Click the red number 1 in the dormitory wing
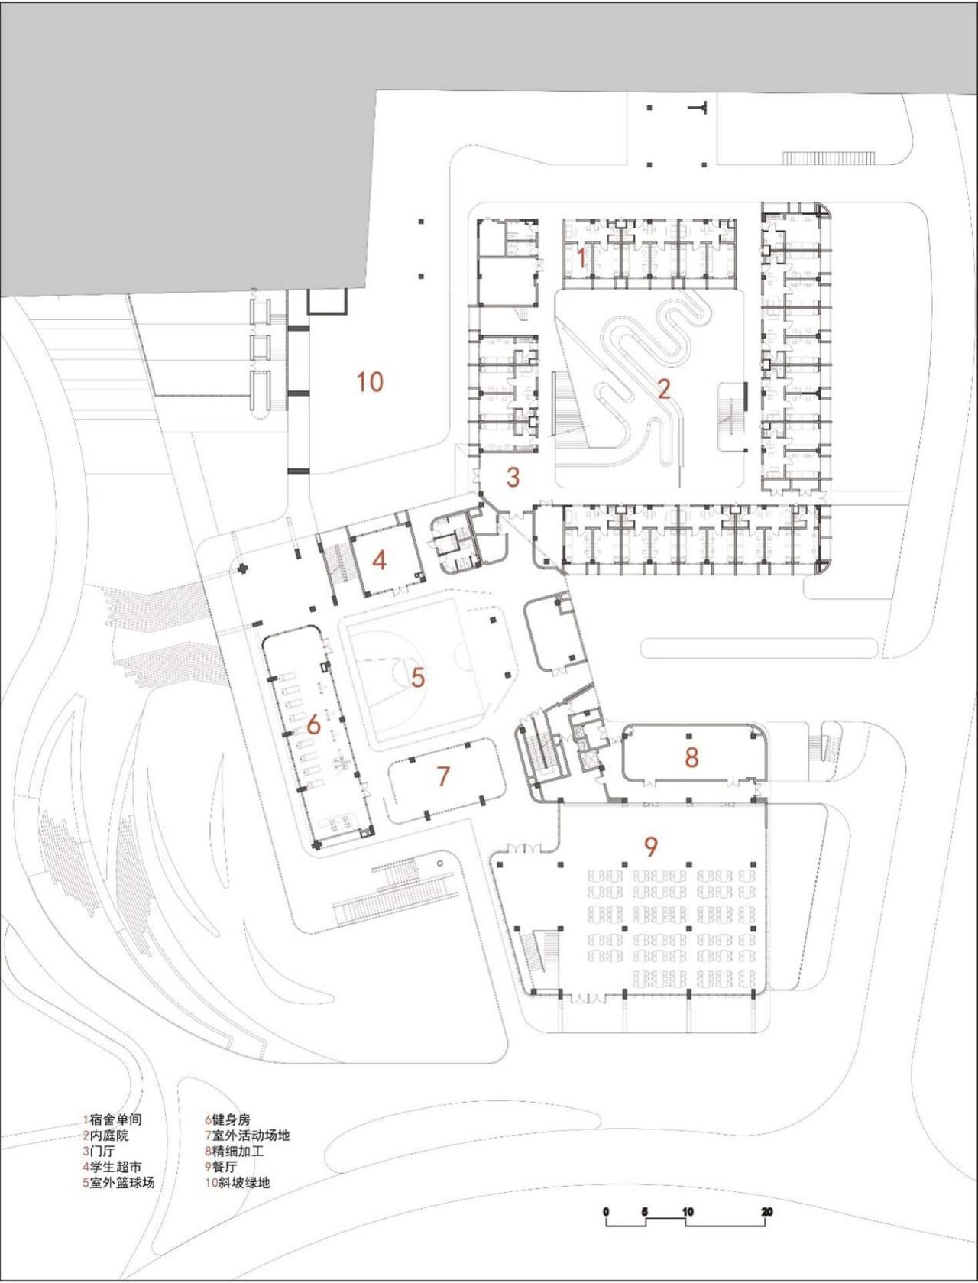point(581,258)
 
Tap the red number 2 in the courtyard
point(663,388)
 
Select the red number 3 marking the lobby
point(513,477)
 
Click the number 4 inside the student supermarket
point(379,560)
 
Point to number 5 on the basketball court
point(417,677)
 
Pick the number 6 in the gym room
point(313,725)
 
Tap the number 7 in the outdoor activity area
point(443,776)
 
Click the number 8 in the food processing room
point(691,757)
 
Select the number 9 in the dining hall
point(650,846)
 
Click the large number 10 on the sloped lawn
point(371,381)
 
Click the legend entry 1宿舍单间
point(112,1119)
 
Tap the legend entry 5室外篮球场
point(119,1183)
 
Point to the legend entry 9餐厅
point(221,1167)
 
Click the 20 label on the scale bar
point(766,1212)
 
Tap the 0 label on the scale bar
point(606,1212)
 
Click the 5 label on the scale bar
point(646,1212)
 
